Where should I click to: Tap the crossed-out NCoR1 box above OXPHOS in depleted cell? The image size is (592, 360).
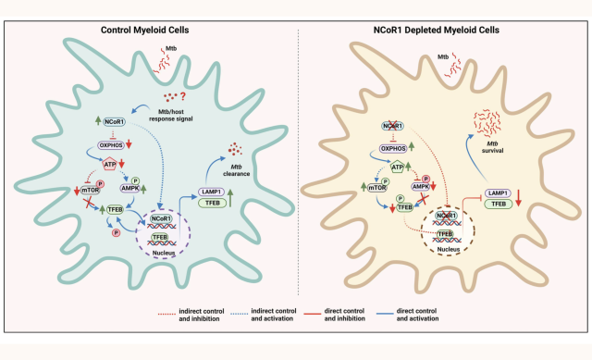pyautogui.click(x=397, y=124)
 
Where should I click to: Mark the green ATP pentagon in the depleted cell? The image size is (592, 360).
pyautogui.click(x=401, y=167)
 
